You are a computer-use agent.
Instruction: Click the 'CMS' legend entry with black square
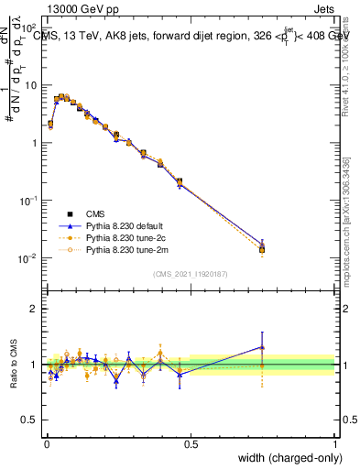[x=96, y=212]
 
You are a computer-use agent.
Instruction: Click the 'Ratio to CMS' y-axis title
[x=14, y=365]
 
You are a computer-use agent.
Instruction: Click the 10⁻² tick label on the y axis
[x=28, y=258]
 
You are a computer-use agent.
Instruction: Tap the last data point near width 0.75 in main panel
[x=262, y=248]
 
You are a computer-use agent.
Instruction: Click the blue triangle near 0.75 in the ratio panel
[x=262, y=347]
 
